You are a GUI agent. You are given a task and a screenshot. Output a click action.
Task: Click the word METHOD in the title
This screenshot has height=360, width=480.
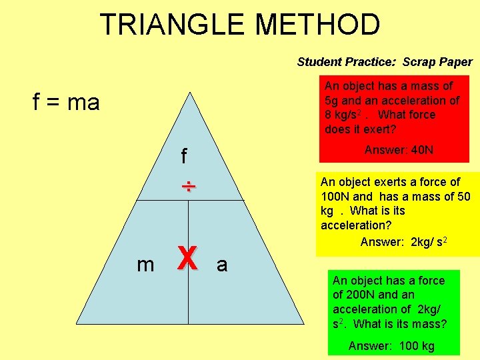point(318,25)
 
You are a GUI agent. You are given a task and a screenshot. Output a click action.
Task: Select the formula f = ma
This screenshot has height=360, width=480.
point(66,102)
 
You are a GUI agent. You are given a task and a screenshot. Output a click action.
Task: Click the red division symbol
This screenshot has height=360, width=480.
point(189,186)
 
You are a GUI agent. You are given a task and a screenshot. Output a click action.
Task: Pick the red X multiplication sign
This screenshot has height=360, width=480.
point(187,259)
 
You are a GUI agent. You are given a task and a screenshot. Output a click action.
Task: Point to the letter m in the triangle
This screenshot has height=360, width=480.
point(145,265)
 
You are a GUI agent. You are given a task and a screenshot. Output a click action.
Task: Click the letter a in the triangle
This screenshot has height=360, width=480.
point(222,265)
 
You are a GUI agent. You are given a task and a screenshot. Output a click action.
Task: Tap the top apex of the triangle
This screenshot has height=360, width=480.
point(189,93)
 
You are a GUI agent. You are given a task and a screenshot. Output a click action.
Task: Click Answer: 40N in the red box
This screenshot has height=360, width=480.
point(399,150)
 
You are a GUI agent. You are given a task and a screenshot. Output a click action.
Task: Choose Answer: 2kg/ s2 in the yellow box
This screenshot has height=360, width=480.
point(403,241)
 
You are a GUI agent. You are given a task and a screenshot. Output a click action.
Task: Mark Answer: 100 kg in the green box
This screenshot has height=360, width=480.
point(391,346)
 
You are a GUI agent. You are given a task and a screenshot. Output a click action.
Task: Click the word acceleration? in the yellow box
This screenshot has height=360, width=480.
point(356,225)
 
